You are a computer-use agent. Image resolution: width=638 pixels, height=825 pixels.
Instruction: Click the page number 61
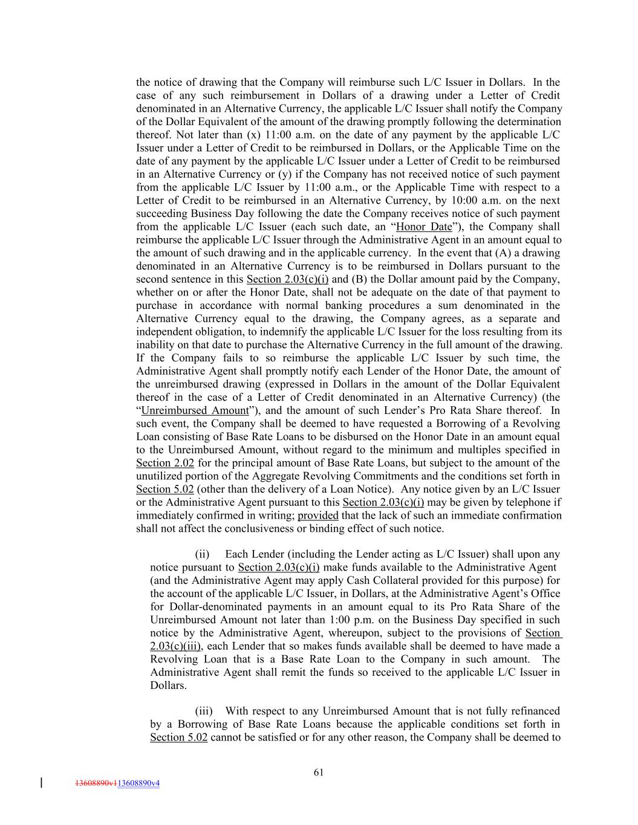319,772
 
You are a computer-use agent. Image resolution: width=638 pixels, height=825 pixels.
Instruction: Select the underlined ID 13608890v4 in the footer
138,783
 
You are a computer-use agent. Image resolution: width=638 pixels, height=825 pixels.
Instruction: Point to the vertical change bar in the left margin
41,783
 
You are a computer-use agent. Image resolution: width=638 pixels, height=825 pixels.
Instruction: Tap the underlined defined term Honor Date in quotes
423,227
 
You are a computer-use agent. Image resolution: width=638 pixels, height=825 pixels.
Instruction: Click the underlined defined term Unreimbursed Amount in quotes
195,411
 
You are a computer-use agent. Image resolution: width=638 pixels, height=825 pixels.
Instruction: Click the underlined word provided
318,516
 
